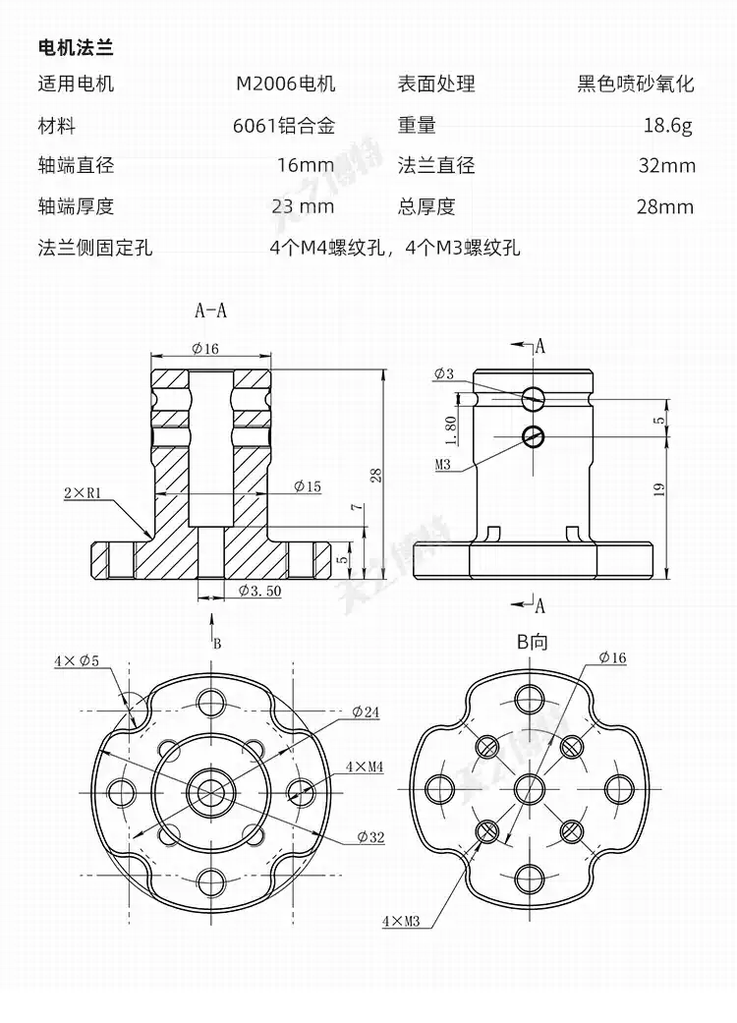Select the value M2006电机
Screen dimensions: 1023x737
point(285,84)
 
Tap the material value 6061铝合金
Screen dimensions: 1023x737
point(284,126)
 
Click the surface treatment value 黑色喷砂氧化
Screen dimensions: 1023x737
point(636,84)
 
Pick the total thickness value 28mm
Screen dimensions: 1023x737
point(665,206)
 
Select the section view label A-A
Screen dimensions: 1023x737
point(210,311)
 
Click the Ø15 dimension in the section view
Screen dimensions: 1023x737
point(307,485)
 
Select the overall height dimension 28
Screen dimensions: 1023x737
point(375,476)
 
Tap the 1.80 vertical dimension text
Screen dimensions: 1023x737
point(450,425)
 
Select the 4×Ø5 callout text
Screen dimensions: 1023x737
point(76,661)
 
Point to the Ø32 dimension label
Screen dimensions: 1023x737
point(370,836)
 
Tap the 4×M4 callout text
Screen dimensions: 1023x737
point(365,766)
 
